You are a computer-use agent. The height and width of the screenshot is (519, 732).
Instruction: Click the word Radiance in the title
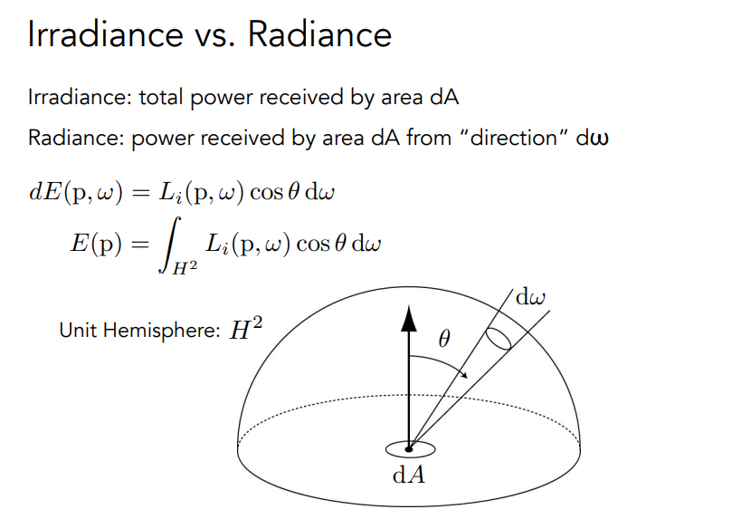point(319,34)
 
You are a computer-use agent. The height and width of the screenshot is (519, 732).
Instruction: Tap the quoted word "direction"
point(511,139)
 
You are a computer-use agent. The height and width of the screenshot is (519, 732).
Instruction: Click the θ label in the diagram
point(442,339)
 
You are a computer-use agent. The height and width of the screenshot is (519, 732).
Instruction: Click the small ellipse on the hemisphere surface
point(498,338)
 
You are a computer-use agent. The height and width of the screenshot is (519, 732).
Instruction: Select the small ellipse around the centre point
point(409,448)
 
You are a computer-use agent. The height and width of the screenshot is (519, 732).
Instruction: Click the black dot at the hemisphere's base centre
point(409,448)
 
